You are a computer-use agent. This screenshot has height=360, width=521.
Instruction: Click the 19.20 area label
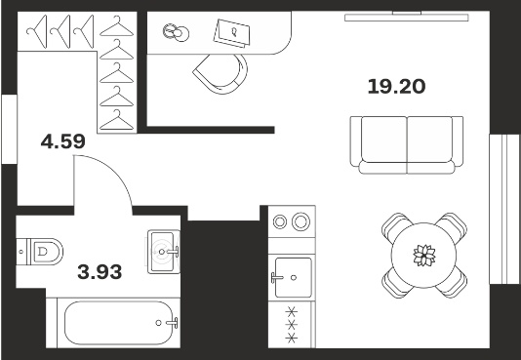396,87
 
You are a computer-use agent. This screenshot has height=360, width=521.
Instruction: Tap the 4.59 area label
63,141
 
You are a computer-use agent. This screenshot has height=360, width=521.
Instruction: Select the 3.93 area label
100,272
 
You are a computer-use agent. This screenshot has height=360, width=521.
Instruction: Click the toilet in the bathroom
40,252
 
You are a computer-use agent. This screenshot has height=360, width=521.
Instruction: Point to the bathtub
119,323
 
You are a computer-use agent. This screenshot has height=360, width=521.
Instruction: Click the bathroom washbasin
164,252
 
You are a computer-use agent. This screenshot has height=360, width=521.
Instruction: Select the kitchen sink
293,278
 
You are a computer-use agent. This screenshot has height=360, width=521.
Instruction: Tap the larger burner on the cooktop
301,221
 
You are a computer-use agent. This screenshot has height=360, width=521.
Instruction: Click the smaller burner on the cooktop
280,221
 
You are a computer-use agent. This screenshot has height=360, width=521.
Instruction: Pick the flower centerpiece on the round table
424,256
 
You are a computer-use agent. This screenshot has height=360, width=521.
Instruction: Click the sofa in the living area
407,144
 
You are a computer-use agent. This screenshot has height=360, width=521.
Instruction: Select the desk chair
220,74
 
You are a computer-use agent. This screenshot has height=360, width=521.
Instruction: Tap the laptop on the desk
231,33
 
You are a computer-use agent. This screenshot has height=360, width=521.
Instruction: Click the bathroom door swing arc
113,170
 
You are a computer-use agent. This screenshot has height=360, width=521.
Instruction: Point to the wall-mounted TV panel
407,17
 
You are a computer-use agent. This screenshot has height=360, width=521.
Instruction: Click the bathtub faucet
172,323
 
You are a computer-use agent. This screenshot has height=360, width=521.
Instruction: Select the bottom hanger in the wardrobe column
117,121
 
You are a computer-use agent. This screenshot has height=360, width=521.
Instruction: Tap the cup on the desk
176,33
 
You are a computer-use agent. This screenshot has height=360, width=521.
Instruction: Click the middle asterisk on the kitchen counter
292,325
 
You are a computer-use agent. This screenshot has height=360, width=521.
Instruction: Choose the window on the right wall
504,209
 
